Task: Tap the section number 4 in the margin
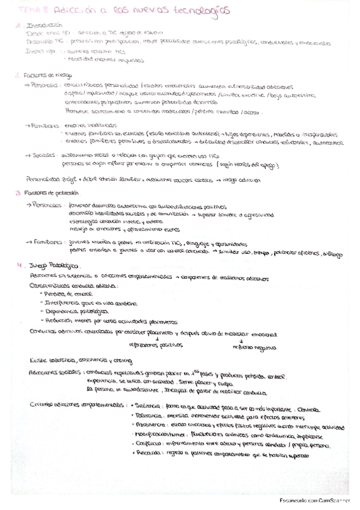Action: coord(19,265)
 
